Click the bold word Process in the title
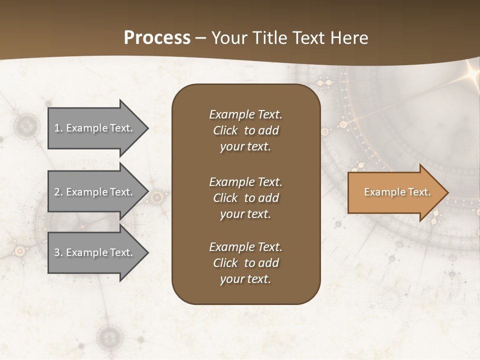pyautogui.click(x=157, y=38)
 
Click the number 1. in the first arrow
pyautogui.click(x=58, y=128)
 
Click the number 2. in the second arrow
pyautogui.click(x=58, y=192)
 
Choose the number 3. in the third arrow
pyautogui.click(x=58, y=252)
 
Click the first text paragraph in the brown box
pyautogui.click(x=245, y=130)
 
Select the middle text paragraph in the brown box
pyautogui.click(x=245, y=197)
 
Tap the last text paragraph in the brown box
pyautogui.click(x=245, y=262)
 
